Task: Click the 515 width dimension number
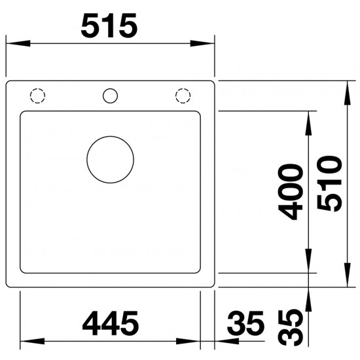pyautogui.click(x=109, y=26)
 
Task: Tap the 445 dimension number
pyautogui.click(x=111, y=323)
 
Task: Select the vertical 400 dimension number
pyautogui.click(x=291, y=192)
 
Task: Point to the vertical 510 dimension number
pyautogui.click(x=329, y=184)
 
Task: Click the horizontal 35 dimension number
pyautogui.click(x=245, y=323)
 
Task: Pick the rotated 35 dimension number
pyautogui.click(x=291, y=328)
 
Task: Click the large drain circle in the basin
pyautogui.click(x=110, y=136)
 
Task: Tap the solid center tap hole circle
pyautogui.click(x=110, y=88)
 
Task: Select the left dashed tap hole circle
pyautogui.click(x=38, y=88)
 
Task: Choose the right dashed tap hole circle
pyautogui.click(x=183, y=88)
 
